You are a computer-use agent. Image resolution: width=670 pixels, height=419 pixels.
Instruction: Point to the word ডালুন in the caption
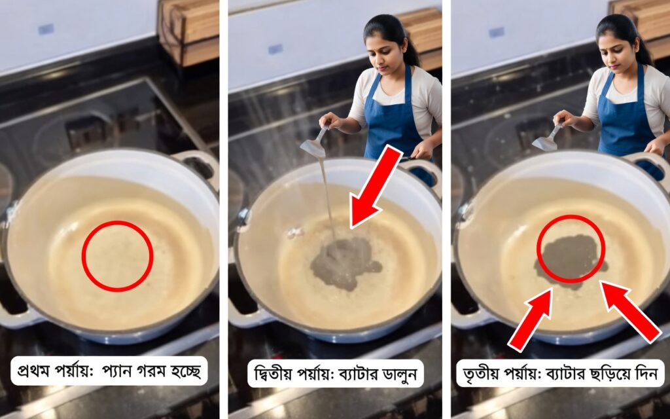click(399, 374)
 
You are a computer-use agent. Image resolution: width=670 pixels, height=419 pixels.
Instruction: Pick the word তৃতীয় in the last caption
click(481, 374)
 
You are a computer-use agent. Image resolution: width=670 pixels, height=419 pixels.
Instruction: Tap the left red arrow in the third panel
click(530, 319)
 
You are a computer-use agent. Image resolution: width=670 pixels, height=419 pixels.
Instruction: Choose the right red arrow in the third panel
click(631, 312)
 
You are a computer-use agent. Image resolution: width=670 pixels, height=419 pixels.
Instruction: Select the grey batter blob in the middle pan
click(344, 263)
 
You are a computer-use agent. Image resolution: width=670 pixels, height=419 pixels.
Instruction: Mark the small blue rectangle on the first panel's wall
click(46, 29)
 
